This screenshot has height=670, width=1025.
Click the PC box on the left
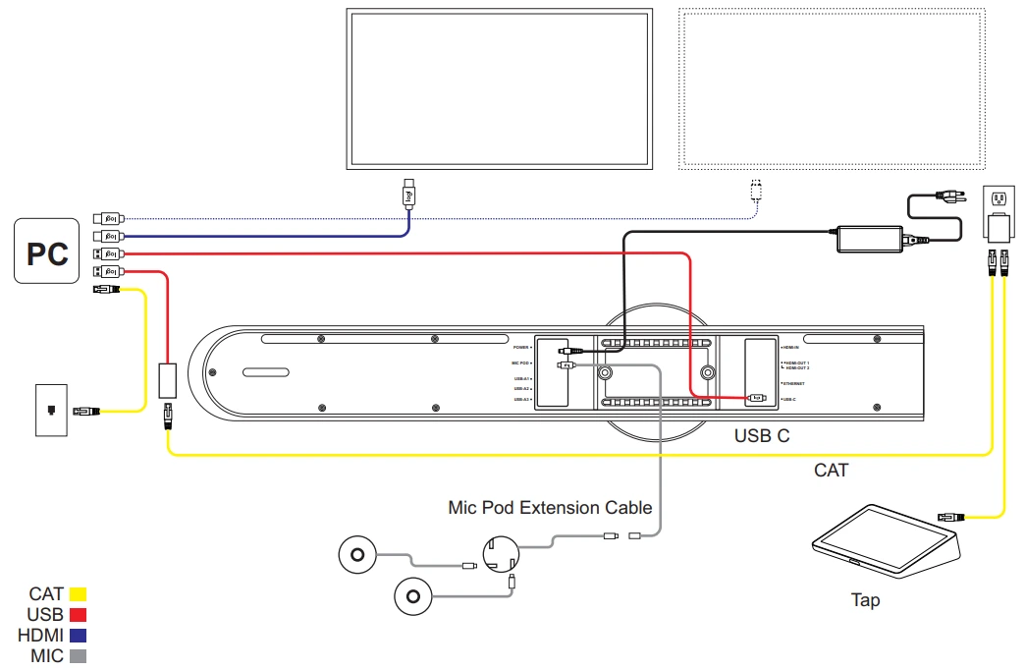(46, 251)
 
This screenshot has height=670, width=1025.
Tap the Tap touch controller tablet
(884, 541)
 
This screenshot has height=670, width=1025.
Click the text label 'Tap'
(865, 600)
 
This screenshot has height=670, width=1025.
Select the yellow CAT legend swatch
(78, 593)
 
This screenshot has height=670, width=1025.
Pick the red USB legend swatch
(78, 614)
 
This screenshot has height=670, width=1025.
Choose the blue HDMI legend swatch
(78, 636)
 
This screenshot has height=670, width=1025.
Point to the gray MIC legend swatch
(78, 655)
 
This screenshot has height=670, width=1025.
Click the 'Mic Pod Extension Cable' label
(550, 508)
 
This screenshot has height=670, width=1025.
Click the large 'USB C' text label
(762, 435)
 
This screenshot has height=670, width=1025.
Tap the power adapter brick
(869, 238)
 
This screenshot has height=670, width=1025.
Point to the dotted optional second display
(831, 87)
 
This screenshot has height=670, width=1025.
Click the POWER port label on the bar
(520, 347)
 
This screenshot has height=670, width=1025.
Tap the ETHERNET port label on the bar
(793, 383)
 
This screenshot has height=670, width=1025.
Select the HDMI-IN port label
(791, 348)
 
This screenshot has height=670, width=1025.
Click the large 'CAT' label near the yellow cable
(831, 471)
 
